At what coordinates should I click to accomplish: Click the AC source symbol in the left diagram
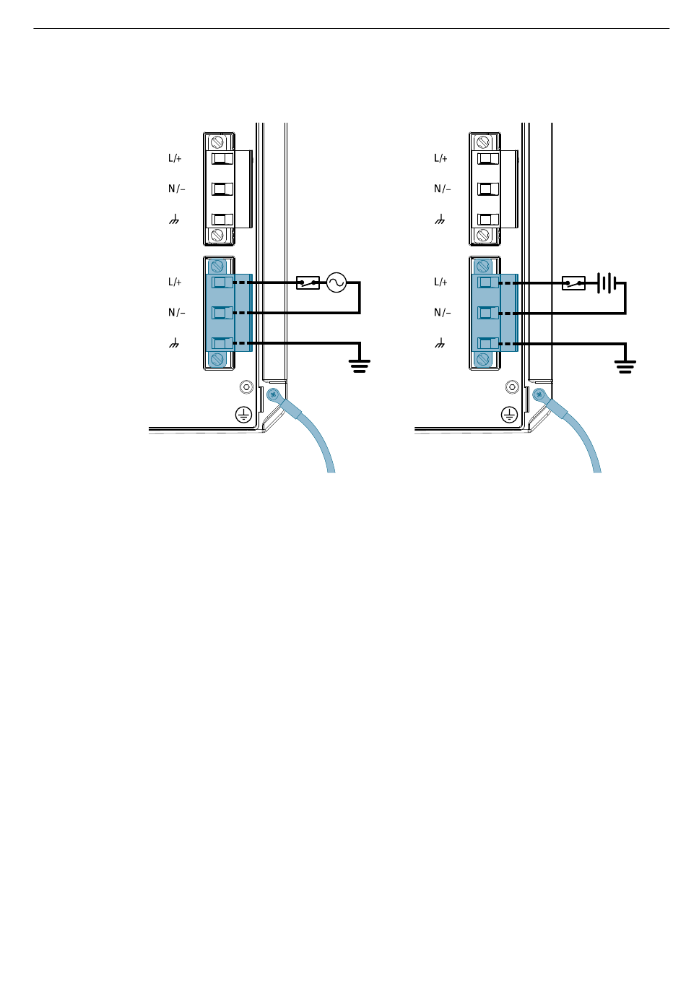tap(337, 282)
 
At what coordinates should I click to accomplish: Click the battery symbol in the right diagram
tap(607, 282)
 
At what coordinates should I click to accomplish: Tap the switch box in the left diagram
tap(308, 282)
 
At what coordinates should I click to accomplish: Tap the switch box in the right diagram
tap(574, 282)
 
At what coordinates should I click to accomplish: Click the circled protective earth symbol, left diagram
tap(244, 415)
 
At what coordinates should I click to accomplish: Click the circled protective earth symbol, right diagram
tap(510, 415)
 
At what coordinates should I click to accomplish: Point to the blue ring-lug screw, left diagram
tap(273, 394)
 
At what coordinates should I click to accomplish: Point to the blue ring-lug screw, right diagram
tap(539, 394)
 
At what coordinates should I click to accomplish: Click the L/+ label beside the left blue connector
tap(175, 282)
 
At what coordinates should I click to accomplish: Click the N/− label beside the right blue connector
tap(442, 313)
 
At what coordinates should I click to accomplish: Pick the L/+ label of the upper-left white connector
tap(175, 158)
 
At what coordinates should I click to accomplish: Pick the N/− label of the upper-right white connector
tap(442, 189)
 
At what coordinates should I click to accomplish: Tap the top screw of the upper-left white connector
tap(217, 142)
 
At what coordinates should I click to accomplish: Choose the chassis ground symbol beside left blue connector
tap(174, 343)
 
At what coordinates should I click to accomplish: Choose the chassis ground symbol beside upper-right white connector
tap(440, 219)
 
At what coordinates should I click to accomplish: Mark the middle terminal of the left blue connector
tap(222, 313)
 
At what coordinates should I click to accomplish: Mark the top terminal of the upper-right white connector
tap(488, 158)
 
